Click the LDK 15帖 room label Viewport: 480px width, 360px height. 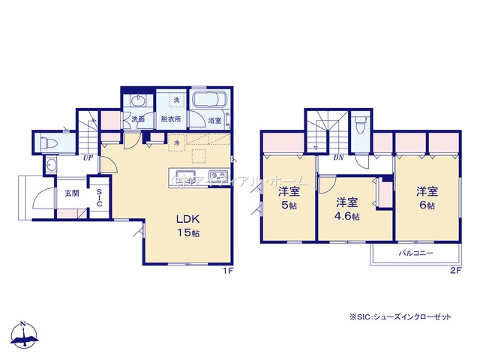pyautogui.click(x=187, y=226)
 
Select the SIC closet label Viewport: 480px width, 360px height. pyautogui.click(x=99, y=197)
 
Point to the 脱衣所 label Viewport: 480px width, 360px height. pyautogui.click(x=170, y=118)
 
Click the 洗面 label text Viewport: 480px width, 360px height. pyautogui.click(x=138, y=118)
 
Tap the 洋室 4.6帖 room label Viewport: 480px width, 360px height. pyautogui.click(x=346, y=208)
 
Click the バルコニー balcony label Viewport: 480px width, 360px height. pyautogui.click(x=416, y=253)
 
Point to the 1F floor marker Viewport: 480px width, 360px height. pyautogui.click(x=228, y=271)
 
